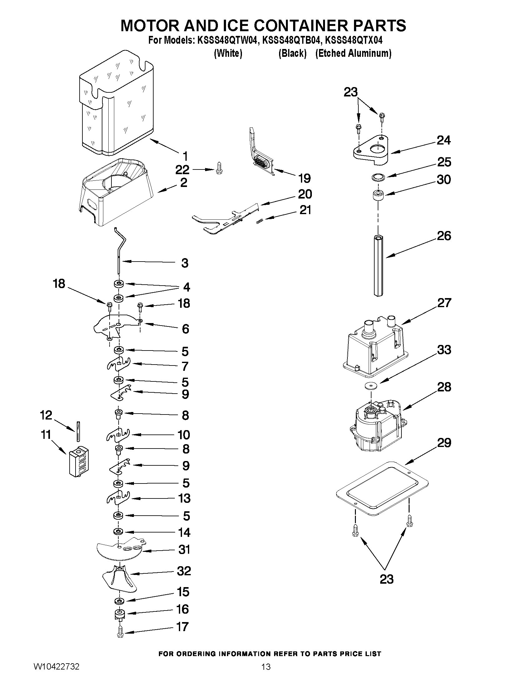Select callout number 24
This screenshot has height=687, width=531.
coord(444,140)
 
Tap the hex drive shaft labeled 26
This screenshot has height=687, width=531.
coord(378,266)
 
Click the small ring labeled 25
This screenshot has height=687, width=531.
coord(377,178)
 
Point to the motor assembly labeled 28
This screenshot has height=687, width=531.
coord(376,426)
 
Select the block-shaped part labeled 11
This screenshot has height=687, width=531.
coord(78,461)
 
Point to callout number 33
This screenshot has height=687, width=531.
coord(444,350)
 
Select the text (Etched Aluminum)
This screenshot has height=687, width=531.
coord(353,53)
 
